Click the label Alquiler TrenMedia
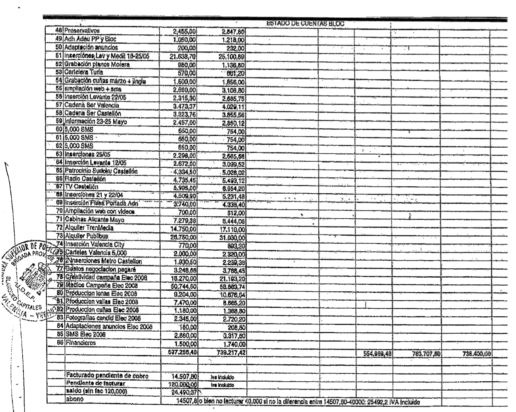[x=90, y=228]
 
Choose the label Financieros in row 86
[x=80, y=343]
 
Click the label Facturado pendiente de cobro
[x=107, y=376]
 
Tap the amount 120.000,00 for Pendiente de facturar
[x=182, y=385]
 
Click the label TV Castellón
[x=82, y=187]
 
